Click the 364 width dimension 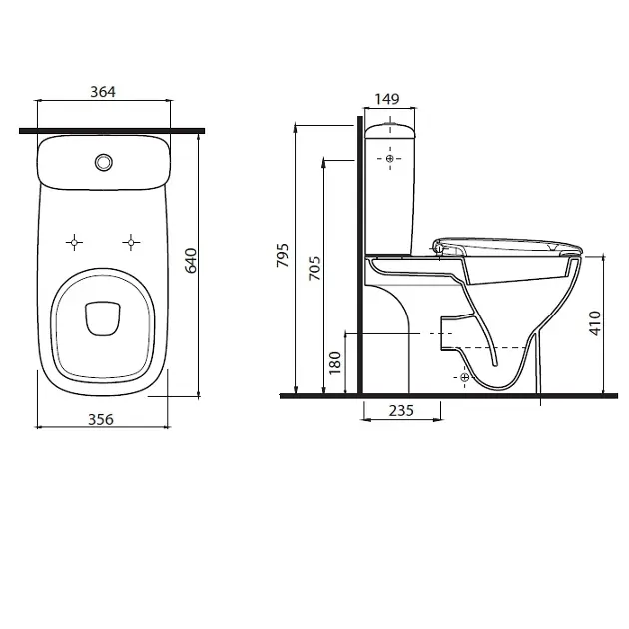click(103, 92)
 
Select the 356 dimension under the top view click(101, 419)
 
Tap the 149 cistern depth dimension click(387, 98)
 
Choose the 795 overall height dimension click(283, 259)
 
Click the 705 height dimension click(313, 269)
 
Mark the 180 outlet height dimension click(335, 361)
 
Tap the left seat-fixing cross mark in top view click(74, 241)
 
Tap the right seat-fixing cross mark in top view click(130, 241)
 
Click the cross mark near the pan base click(464, 377)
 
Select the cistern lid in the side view click(390, 128)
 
